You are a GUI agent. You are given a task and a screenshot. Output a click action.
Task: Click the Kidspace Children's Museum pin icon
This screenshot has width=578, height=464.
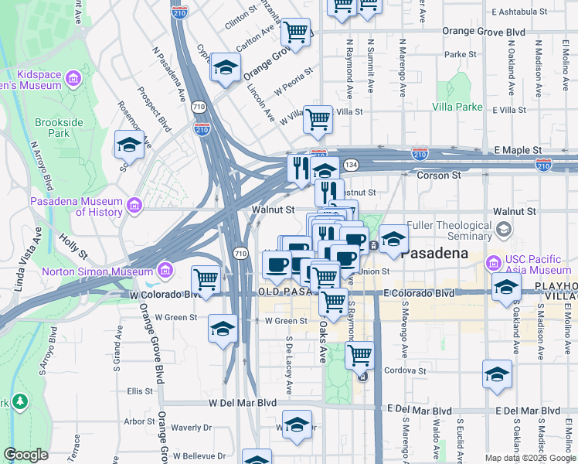(73, 79)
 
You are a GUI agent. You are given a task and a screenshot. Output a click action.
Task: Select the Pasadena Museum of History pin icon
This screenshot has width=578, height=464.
(134, 206)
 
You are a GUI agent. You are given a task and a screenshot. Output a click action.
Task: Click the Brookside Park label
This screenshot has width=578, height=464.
(53, 128)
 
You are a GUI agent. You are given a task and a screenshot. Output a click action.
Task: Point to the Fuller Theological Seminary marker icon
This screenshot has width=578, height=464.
(505, 229)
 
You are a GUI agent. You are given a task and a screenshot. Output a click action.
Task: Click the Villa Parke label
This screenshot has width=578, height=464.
(457, 107)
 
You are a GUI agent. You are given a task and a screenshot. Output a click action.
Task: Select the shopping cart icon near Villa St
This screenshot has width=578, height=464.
(318, 119)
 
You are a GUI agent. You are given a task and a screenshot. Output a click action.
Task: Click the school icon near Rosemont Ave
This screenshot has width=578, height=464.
(129, 144)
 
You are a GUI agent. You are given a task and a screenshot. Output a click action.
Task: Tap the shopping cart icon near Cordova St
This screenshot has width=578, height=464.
(359, 355)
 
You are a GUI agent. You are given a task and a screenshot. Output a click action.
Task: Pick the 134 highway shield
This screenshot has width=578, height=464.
(351, 165)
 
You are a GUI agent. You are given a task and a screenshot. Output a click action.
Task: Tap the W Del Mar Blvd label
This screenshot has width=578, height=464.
(242, 403)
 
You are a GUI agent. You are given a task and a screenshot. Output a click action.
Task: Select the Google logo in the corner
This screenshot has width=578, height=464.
(25, 455)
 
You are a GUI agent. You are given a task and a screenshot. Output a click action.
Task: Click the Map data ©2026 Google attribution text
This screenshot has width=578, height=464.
(529, 458)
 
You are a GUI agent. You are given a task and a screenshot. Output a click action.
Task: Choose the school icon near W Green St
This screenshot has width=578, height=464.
(223, 328)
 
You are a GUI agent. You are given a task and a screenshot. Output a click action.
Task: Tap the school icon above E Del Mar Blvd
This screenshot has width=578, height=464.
(497, 374)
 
